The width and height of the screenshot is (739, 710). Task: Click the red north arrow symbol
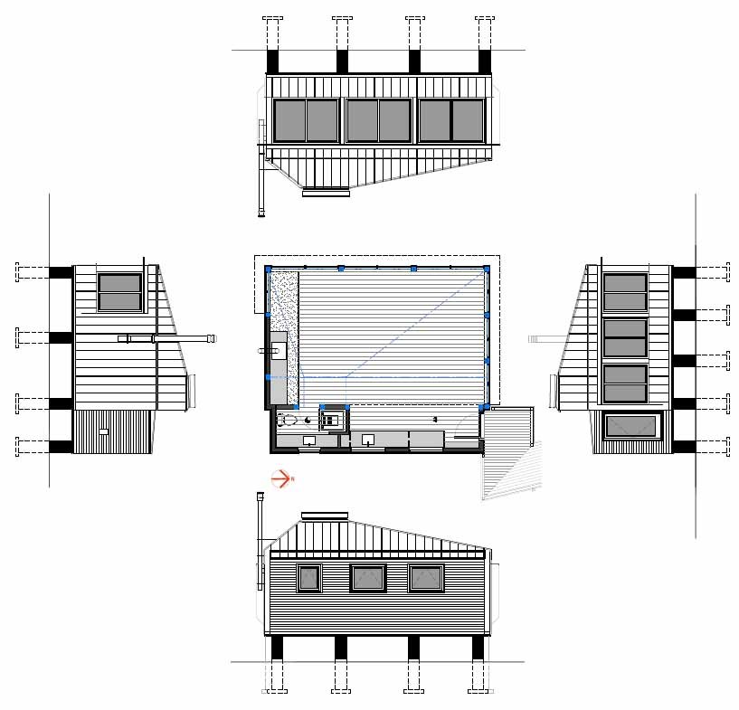[x=281, y=479]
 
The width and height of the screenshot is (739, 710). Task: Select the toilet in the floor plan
[x=289, y=420]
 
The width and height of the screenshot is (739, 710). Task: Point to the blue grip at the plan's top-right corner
[x=487, y=269]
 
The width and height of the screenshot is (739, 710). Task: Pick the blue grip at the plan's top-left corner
[x=268, y=269]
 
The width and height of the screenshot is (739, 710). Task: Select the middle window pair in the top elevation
[x=379, y=120]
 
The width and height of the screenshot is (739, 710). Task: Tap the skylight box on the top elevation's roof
[x=325, y=192]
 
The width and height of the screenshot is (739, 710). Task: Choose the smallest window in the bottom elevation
[x=309, y=578]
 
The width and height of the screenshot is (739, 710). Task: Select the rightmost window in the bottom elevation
[x=426, y=578]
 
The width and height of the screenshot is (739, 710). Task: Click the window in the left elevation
[x=119, y=292]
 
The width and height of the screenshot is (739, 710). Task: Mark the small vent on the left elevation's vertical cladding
[x=104, y=433]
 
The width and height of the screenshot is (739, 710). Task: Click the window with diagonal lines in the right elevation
[x=631, y=425]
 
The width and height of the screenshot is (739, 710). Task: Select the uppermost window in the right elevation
[x=625, y=292]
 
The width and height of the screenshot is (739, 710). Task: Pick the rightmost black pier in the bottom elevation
[x=478, y=648]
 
